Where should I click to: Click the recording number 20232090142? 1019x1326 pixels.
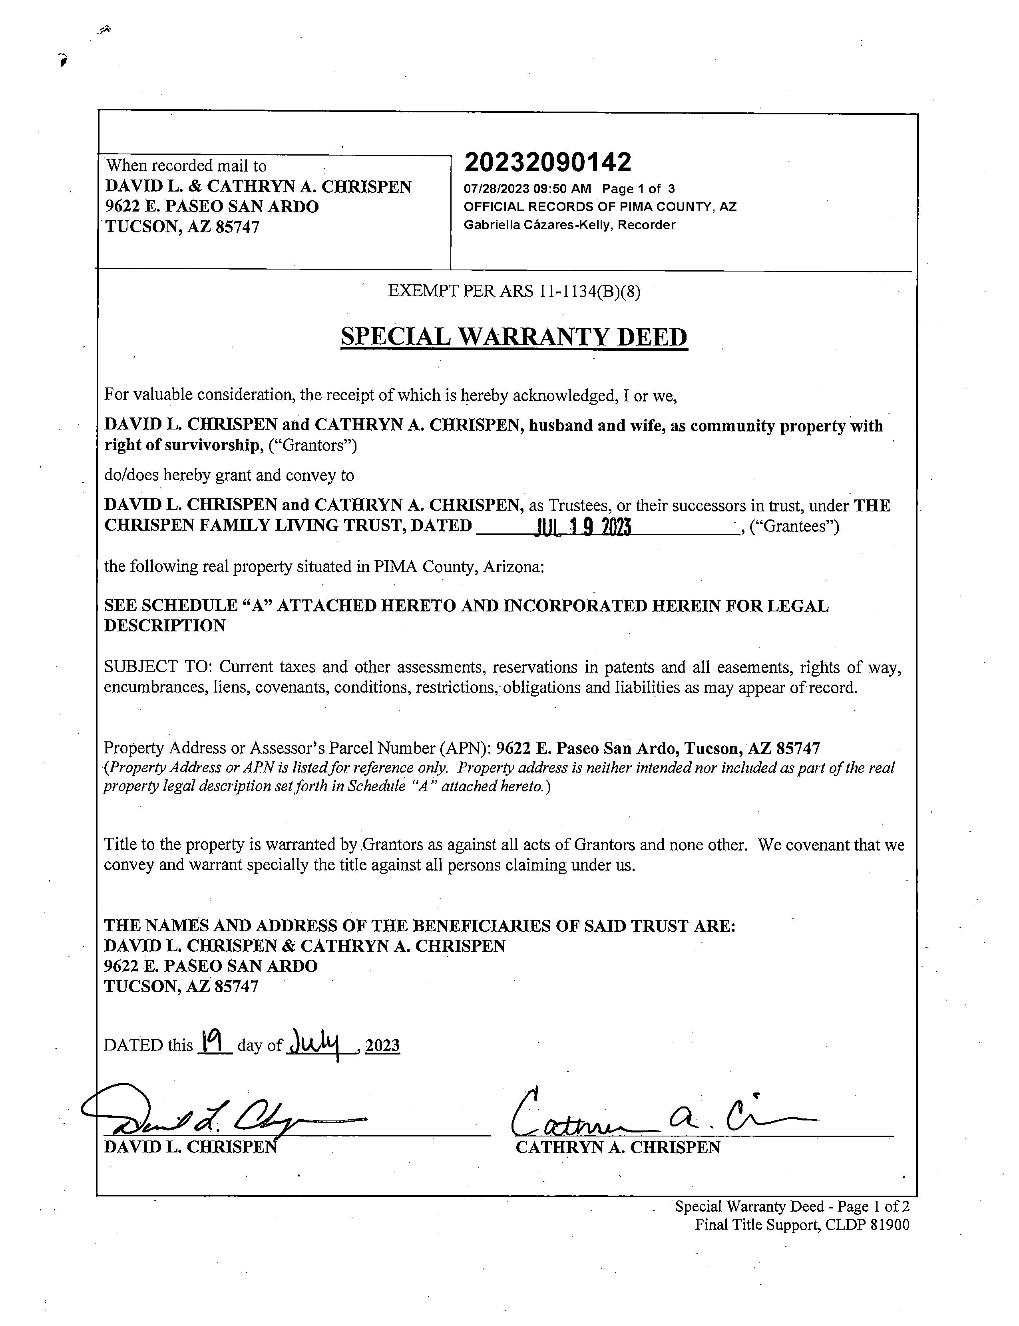pyautogui.click(x=548, y=162)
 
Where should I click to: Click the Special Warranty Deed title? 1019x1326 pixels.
pyautogui.click(x=514, y=337)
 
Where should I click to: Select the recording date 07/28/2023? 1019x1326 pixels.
pyautogui.click(x=496, y=189)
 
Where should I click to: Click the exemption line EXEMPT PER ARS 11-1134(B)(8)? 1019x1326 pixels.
pyautogui.click(x=514, y=292)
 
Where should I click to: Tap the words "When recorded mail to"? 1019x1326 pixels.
pyautogui.click(x=186, y=166)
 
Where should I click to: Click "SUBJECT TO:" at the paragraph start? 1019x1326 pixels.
pyautogui.click(x=158, y=667)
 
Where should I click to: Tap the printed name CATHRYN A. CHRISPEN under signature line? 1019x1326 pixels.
pyautogui.click(x=617, y=1148)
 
